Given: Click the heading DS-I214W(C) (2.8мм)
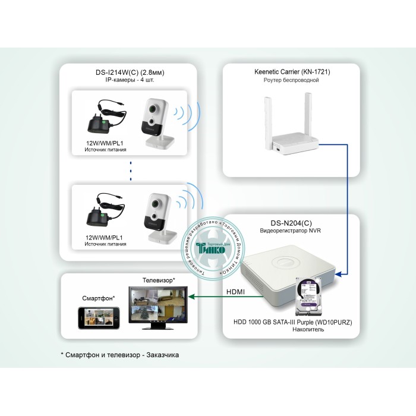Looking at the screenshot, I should pos(130,73).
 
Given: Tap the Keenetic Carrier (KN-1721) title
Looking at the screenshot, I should pos(291,72).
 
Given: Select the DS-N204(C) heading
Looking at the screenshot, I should pos(291,220).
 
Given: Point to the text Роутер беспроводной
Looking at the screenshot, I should pos(291,80).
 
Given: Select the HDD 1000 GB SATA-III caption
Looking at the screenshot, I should pos(294,322).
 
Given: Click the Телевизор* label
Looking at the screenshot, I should pos(159,279).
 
